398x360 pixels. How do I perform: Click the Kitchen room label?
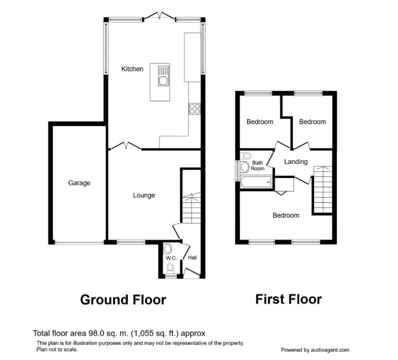pos(132,69)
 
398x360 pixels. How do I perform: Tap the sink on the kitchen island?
pos(163,76)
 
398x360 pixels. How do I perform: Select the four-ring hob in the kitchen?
pos(194,108)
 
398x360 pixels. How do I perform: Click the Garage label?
pos(79,183)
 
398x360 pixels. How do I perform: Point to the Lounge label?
pos(144,195)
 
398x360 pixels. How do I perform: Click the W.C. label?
pos(171,258)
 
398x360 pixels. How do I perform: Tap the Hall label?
pos(192,257)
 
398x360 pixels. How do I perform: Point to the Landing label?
pos(295,162)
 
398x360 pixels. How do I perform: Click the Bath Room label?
pos(258,165)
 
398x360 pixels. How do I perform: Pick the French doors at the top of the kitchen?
pos(159,17)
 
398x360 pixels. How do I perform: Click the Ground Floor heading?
pos(123,300)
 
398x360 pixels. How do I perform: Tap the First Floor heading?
pos(288,299)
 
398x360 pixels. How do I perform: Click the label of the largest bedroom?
pos(286,215)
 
